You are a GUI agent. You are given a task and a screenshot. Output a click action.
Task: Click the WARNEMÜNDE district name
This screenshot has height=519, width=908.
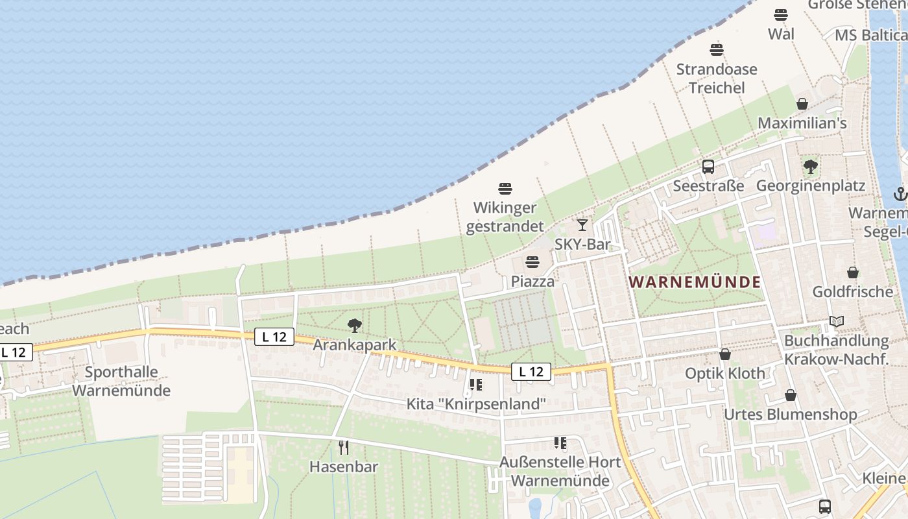695,282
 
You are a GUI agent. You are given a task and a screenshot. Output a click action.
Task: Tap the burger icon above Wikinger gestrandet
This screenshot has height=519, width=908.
505,189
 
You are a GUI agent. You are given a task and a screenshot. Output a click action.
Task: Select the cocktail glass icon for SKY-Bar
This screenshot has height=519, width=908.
582,224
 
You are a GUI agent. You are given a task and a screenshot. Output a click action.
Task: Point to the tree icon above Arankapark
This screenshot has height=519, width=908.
354,325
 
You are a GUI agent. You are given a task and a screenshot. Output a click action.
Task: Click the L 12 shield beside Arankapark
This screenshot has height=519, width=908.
274,337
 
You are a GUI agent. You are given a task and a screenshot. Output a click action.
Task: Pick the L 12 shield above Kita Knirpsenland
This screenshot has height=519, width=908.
531,372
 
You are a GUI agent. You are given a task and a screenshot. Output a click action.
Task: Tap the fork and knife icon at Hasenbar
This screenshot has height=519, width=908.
344,447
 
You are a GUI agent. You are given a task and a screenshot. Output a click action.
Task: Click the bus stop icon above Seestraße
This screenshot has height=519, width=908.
708,167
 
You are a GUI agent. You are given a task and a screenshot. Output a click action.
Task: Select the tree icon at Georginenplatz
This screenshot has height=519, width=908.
810,167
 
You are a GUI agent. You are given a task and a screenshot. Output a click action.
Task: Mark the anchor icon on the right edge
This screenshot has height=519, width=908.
900,193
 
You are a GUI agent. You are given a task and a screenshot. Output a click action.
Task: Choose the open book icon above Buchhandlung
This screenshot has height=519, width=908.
837,321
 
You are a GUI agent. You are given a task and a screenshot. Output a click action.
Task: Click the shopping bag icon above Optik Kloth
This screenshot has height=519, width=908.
725,354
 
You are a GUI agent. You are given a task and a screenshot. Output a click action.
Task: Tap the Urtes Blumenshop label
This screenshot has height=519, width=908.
791,414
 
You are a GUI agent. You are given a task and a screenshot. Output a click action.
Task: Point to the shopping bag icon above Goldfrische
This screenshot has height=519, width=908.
852,272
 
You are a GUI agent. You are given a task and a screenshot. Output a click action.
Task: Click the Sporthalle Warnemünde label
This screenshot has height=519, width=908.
121,381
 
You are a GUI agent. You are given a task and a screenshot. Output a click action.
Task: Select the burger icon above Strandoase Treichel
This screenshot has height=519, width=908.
717,50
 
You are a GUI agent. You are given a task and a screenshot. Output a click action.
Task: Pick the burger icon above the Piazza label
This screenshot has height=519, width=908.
532,262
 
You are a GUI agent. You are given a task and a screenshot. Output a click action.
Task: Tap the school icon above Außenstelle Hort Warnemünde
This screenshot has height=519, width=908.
560,443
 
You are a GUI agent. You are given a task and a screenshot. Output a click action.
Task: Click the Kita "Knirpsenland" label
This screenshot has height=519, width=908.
476,404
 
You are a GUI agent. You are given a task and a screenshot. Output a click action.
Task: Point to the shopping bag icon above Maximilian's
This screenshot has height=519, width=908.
802,104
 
